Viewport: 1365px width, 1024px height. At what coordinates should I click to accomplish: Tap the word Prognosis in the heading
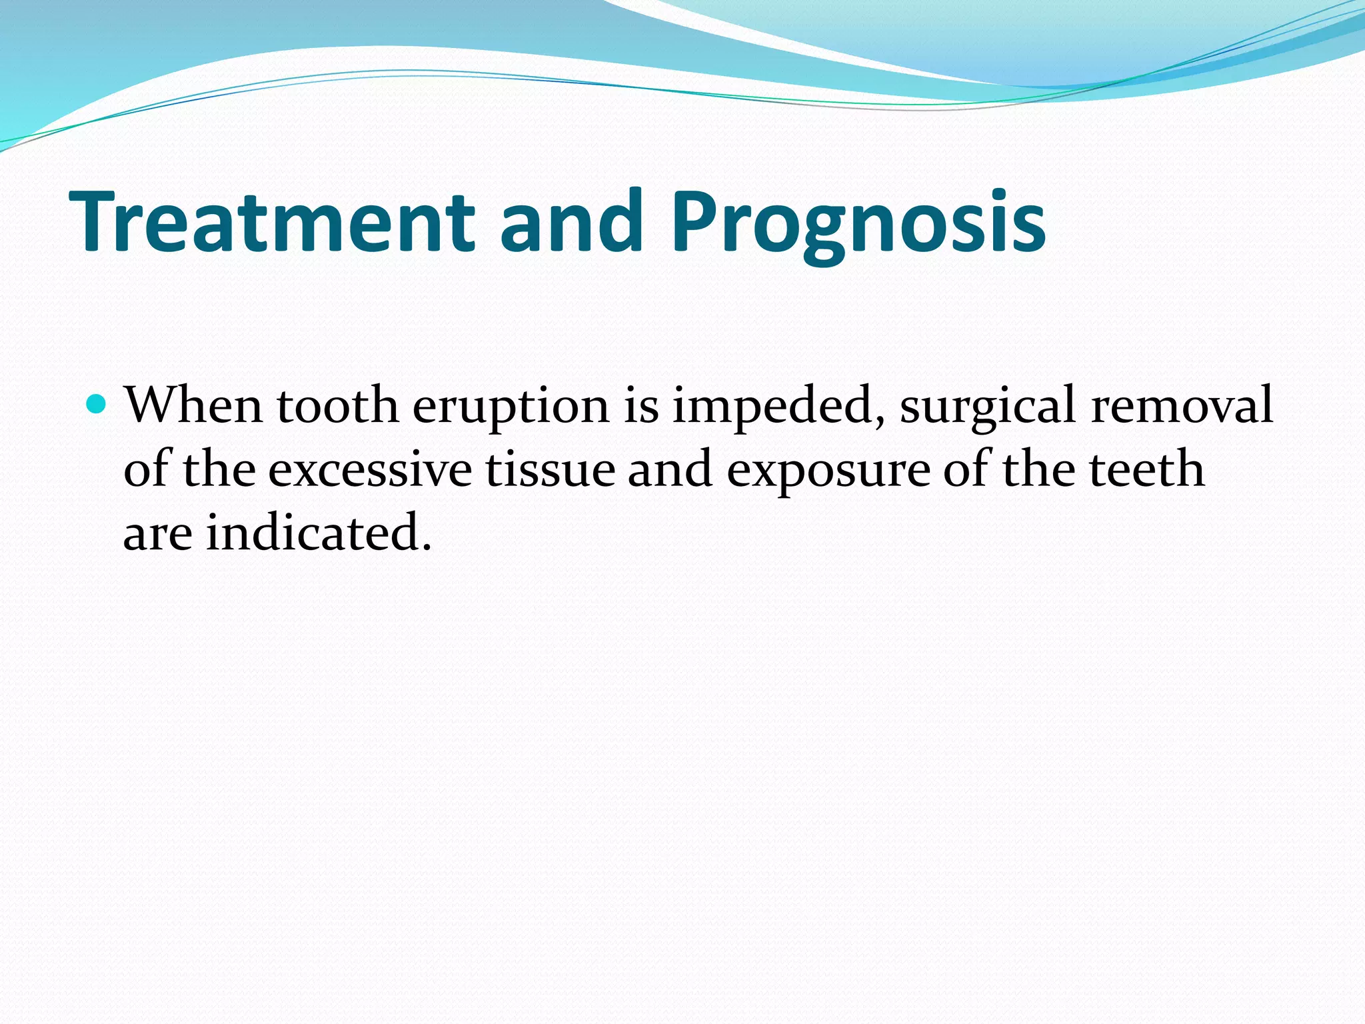(858, 221)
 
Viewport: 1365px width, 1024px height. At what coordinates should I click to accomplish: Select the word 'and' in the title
(571, 221)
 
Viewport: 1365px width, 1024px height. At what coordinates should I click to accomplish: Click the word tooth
(337, 405)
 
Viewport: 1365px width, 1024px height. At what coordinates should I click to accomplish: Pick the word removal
(1182, 405)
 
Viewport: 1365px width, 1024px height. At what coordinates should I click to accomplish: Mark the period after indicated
(427, 549)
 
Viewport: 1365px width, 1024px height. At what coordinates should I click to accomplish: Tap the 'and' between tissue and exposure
(670, 469)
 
